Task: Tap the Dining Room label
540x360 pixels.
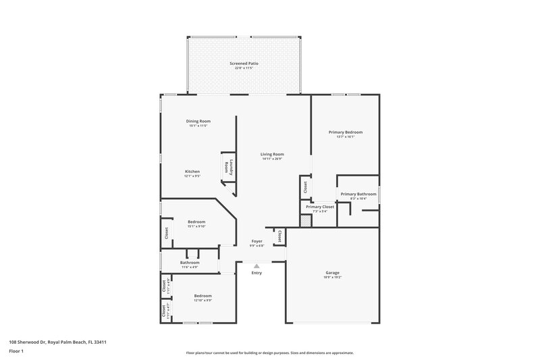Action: click(x=199, y=121)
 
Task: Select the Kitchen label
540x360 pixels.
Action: click(x=192, y=172)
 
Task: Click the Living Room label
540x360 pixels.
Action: click(x=272, y=154)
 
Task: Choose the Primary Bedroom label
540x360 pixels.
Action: click(x=345, y=132)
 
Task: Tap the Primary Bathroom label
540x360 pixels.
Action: click(x=358, y=194)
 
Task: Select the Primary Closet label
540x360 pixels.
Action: click(x=319, y=207)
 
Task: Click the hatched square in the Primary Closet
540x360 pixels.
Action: click(x=306, y=220)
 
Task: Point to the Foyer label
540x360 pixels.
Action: click(x=257, y=240)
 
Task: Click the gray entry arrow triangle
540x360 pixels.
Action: click(x=256, y=267)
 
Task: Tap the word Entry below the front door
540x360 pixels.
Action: click(x=256, y=273)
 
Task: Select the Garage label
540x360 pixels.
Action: click(x=332, y=272)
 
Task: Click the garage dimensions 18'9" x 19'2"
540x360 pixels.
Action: click(x=332, y=277)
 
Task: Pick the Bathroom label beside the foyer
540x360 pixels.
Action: click(x=190, y=262)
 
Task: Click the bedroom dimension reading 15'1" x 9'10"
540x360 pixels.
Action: click(x=196, y=226)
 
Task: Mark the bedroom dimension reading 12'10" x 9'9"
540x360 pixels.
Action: click(x=203, y=301)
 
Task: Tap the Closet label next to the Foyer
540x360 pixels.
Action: click(x=278, y=236)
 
